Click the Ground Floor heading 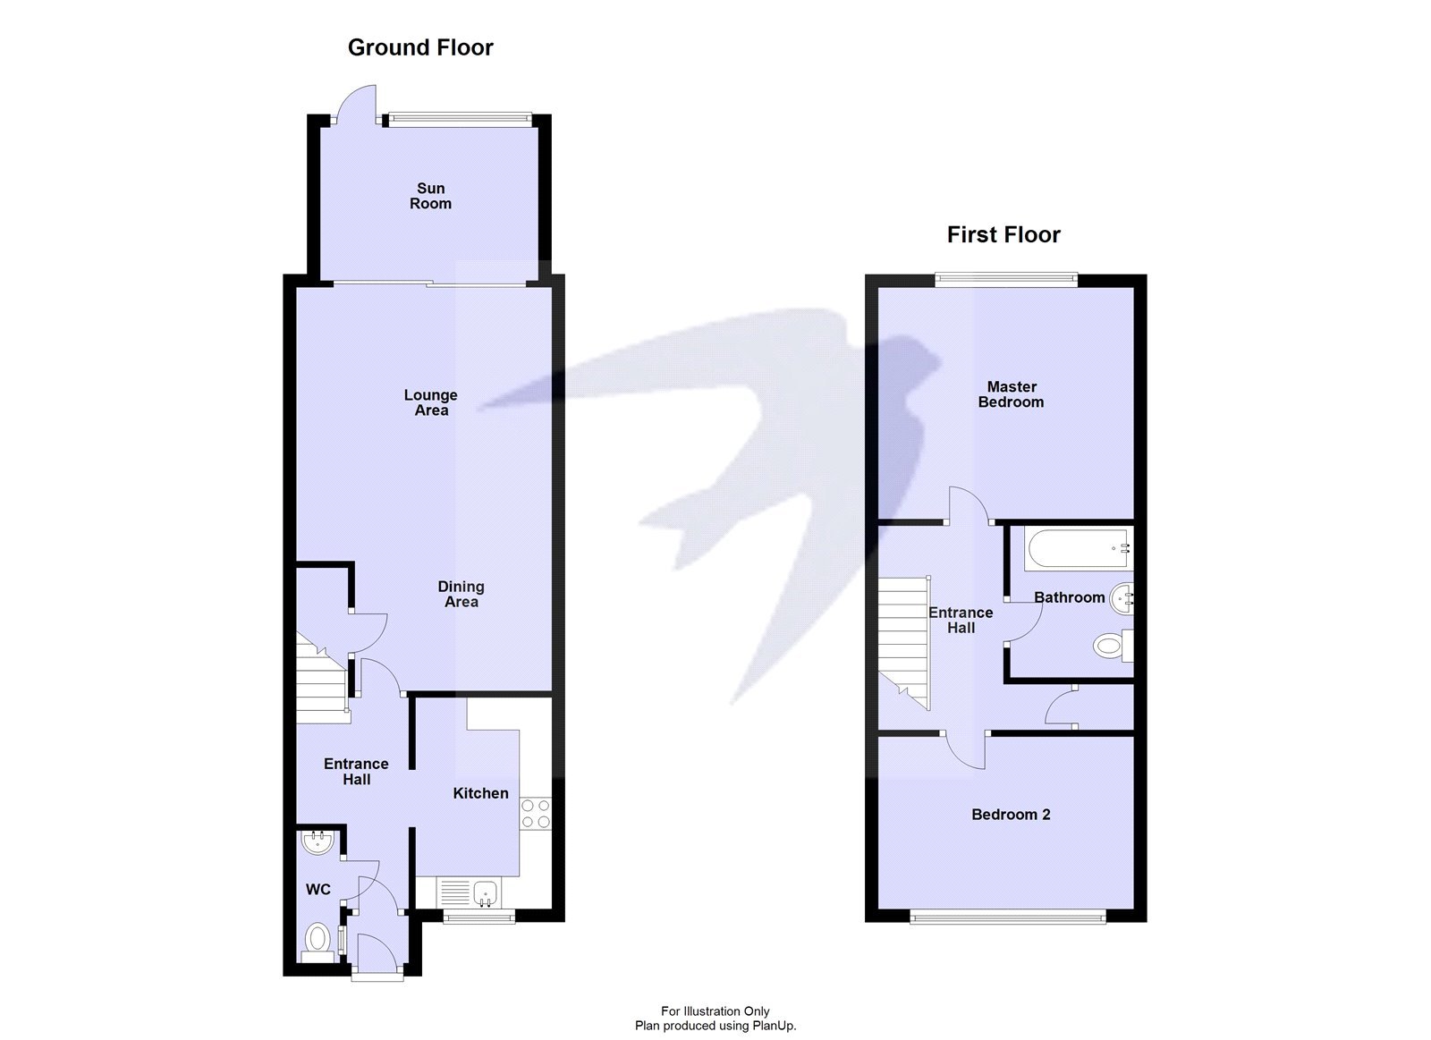click(420, 47)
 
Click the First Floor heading click(1003, 235)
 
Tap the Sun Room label click(430, 196)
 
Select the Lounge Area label click(430, 402)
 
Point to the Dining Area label click(461, 594)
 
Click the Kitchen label click(480, 793)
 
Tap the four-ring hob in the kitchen click(536, 813)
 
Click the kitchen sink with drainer click(470, 892)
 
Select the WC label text click(318, 889)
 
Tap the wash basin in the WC click(318, 841)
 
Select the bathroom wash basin click(1122, 599)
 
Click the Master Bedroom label click(1011, 394)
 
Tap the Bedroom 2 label click(1011, 815)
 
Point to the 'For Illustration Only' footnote click(715, 1011)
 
